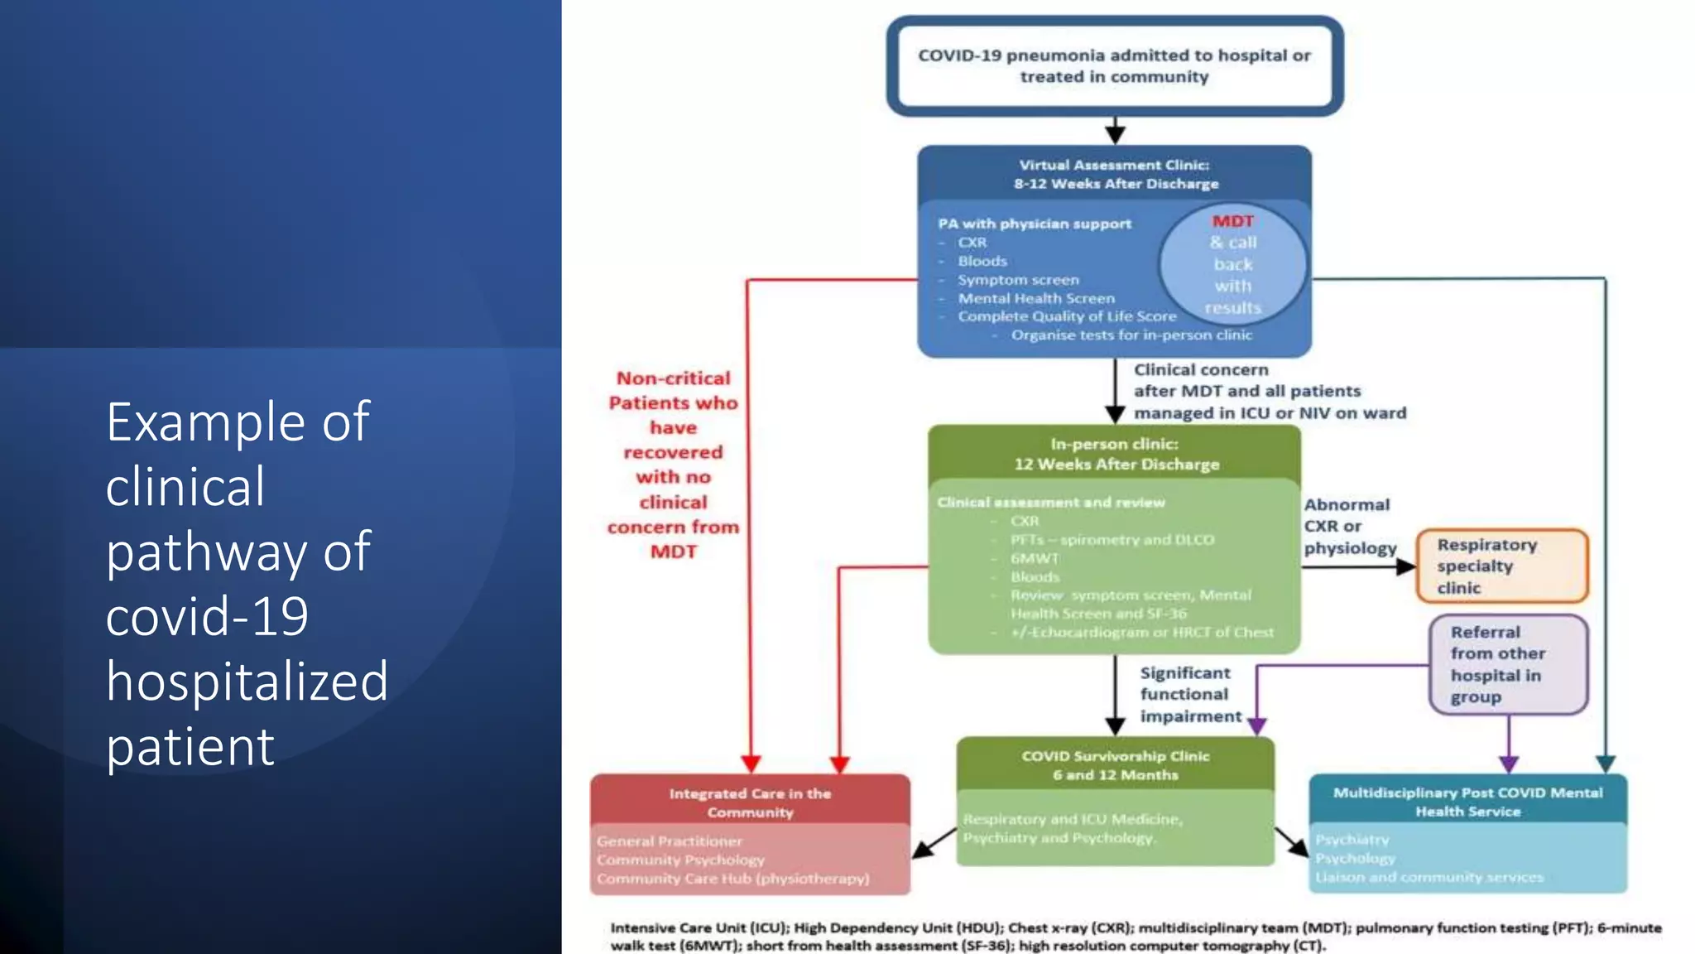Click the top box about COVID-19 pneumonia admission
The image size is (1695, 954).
coord(1114,66)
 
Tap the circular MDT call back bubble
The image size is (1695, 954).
coord(1232,264)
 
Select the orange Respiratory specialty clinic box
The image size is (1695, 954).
coord(1501,566)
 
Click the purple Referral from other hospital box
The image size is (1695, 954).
coord(1507,664)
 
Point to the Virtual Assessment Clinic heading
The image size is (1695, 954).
coord(1115,174)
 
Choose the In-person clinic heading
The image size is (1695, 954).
coord(1115,454)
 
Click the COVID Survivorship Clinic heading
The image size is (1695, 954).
coord(1115,765)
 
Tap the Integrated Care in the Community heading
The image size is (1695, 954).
coord(750,802)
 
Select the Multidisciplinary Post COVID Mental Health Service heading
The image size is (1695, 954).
coord(1467,802)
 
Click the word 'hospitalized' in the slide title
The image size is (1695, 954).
coord(247,682)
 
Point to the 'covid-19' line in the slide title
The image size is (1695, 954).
coord(207,616)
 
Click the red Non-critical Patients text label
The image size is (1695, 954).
coord(673,465)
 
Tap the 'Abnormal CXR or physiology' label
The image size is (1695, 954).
coord(1349,526)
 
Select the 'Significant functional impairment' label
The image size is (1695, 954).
coord(1189,694)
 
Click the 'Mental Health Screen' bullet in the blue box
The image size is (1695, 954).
coord(1036,298)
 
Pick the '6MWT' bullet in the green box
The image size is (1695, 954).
coord(1035,558)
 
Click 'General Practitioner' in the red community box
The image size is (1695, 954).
coord(670,841)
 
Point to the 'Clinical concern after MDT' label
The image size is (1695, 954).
coord(1269,391)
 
